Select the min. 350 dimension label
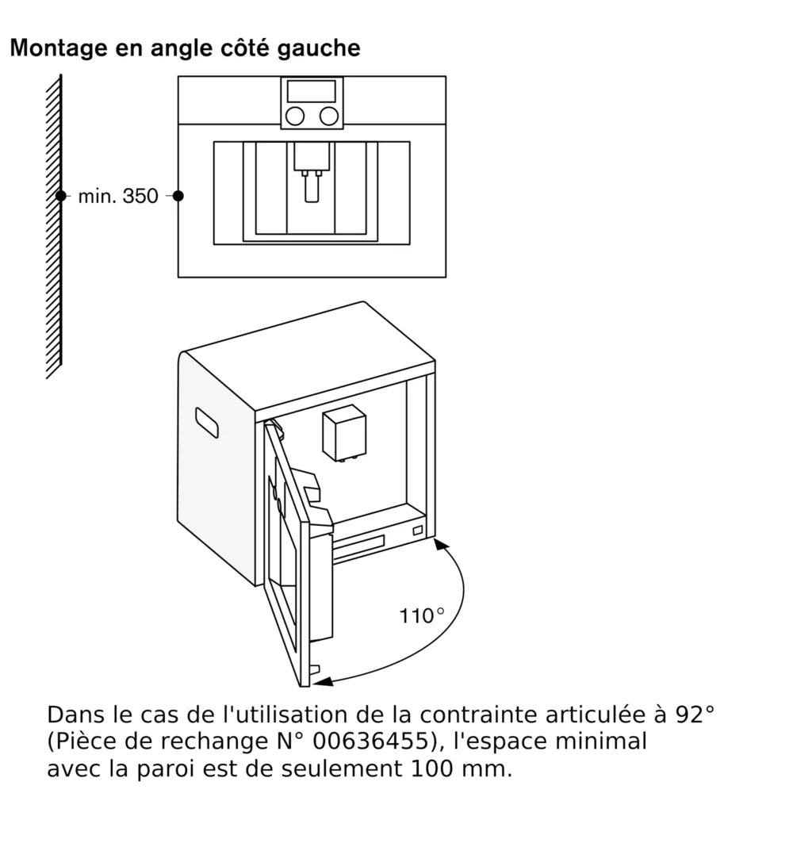(x=118, y=197)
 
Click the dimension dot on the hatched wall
(x=60, y=195)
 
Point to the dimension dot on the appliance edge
(x=178, y=195)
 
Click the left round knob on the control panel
(x=295, y=116)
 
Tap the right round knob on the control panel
(x=328, y=116)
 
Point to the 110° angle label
(x=421, y=615)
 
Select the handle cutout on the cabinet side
(x=206, y=423)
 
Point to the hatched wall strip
(x=53, y=226)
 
